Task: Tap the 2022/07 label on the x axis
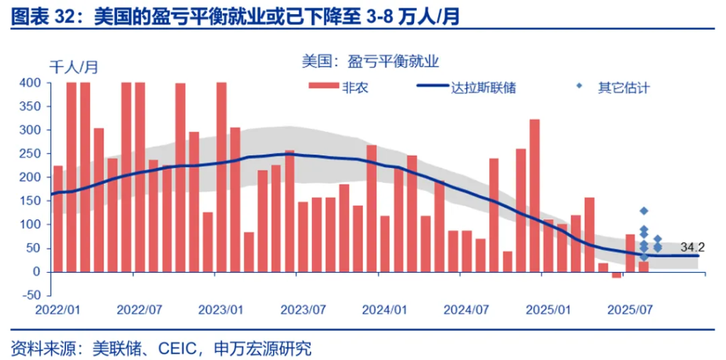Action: (x=140, y=310)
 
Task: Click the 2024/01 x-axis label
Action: (x=384, y=310)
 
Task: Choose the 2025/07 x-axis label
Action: (x=630, y=310)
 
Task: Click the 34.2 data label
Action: (x=692, y=247)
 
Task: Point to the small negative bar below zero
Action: (x=616, y=275)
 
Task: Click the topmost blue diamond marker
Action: (x=644, y=211)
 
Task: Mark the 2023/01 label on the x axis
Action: (x=221, y=310)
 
